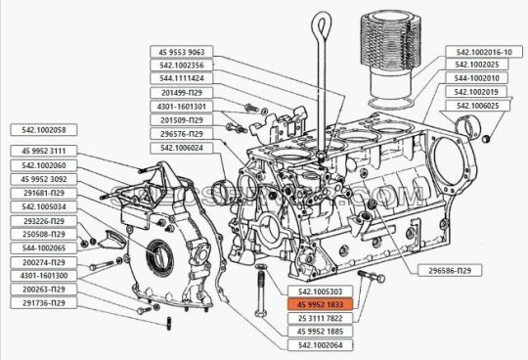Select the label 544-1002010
pos(488,78)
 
